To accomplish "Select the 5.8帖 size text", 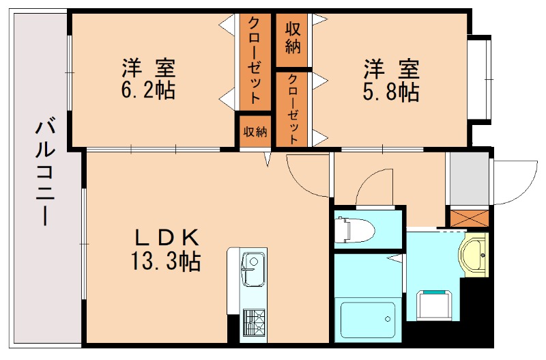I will pyautogui.click(x=391, y=91).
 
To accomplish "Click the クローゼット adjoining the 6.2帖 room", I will pyautogui.click(x=255, y=60).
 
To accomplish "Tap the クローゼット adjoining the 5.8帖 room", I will pyautogui.click(x=293, y=108).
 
